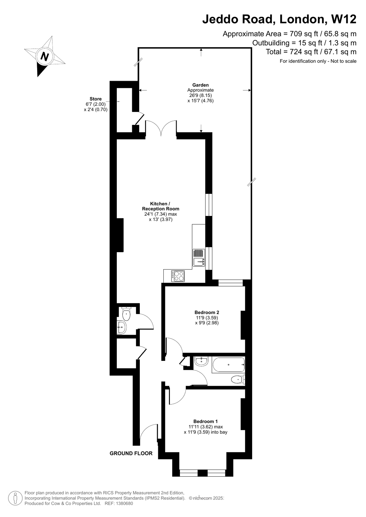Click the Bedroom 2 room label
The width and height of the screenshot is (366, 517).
(x=206, y=312)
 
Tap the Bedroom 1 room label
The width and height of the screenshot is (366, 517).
(x=205, y=421)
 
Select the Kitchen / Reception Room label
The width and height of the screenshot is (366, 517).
(x=160, y=206)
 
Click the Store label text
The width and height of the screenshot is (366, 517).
(x=95, y=99)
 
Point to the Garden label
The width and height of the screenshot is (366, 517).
(x=200, y=85)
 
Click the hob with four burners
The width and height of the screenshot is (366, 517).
(x=178, y=276)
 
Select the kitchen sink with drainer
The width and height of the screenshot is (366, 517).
(x=198, y=258)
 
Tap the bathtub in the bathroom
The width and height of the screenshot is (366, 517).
(x=228, y=365)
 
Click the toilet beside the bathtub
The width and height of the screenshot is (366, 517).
(x=238, y=379)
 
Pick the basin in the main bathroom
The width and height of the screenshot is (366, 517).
(x=201, y=361)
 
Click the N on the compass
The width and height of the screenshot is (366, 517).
(x=44, y=57)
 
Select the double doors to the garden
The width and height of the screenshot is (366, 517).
(x=161, y=128)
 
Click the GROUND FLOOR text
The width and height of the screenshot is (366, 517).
(x=131, y=453)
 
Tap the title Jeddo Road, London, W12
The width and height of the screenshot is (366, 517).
(x=279, y=19)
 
